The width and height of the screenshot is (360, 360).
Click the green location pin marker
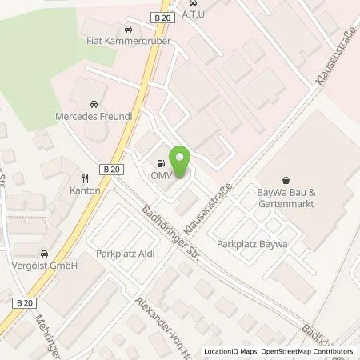pos(182,162)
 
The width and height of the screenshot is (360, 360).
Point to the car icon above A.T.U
pos(193,2)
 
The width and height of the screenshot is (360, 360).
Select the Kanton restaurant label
pos(85,190)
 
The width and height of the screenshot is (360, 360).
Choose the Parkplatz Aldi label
pos(123,254)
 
